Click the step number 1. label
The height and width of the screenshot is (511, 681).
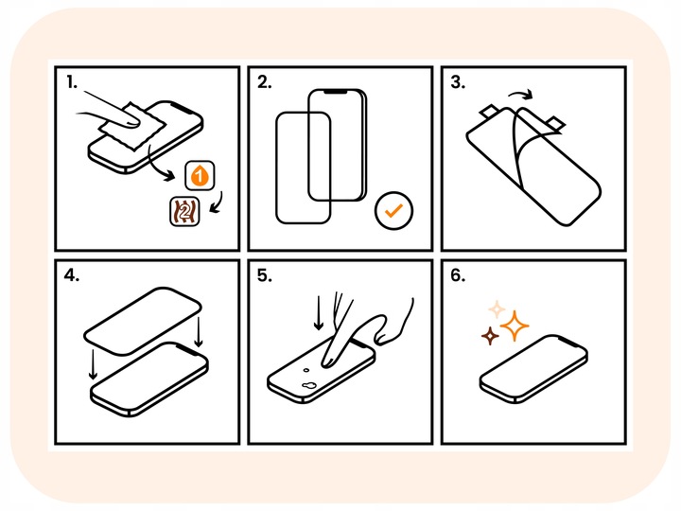tap(72, 83)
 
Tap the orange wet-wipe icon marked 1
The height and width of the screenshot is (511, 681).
tap(200, 175)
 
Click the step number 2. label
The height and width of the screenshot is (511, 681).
tap(264, 83)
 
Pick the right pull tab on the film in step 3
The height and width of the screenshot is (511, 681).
tap(559, 121)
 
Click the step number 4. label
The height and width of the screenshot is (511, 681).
tap(73, 277)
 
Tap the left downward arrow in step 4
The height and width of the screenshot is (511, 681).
tap(93, 362)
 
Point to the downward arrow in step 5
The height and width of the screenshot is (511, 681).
tap(320, 310)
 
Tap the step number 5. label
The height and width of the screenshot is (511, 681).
tap(264, 277)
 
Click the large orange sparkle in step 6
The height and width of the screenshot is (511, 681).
tap(515, 326)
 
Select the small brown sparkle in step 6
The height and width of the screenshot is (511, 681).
tap(490, 336)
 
